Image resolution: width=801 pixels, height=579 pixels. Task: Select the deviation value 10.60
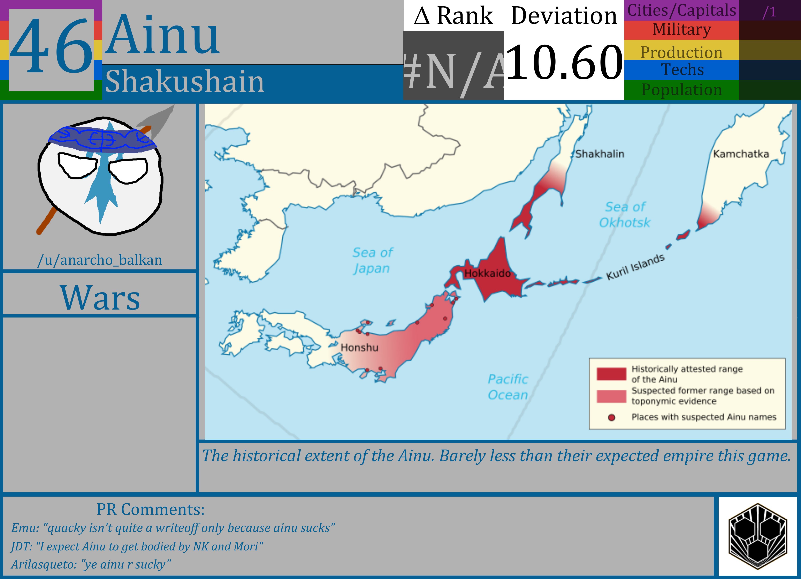564,62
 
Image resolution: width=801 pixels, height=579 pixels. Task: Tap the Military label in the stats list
682,29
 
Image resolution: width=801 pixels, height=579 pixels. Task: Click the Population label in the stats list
682,89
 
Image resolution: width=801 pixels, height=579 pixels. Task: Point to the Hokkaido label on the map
487,273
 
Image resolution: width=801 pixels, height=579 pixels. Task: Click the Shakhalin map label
600,154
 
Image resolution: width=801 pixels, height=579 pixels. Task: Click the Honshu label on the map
359,348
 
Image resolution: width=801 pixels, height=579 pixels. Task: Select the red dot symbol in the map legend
612,417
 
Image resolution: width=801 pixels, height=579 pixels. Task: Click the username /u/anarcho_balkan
100,260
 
